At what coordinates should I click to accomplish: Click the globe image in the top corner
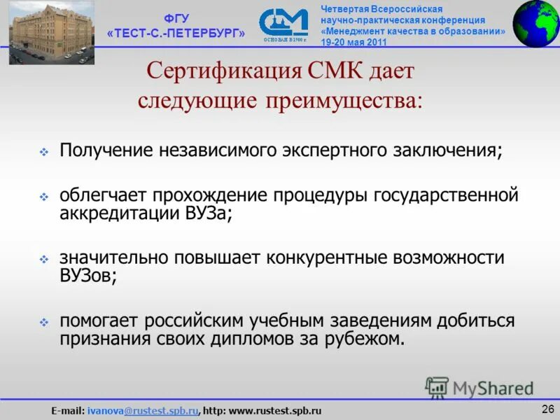pyautogui.click(x=536, y=22)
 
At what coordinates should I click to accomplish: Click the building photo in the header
pyautogui.click(x=41, y=33)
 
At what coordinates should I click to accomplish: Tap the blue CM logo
pyautogui.click(x=283, y=24)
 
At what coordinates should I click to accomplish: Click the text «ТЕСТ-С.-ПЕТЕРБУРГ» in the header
pyautogui.click(x=177, y=34)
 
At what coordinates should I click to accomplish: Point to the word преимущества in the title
pyautogui.click(x=343, y=100)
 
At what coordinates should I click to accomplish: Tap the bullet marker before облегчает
pyautogui.click(x=43, y=197)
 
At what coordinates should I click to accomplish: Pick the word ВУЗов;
pyautogui.click(x=87, y=276)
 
